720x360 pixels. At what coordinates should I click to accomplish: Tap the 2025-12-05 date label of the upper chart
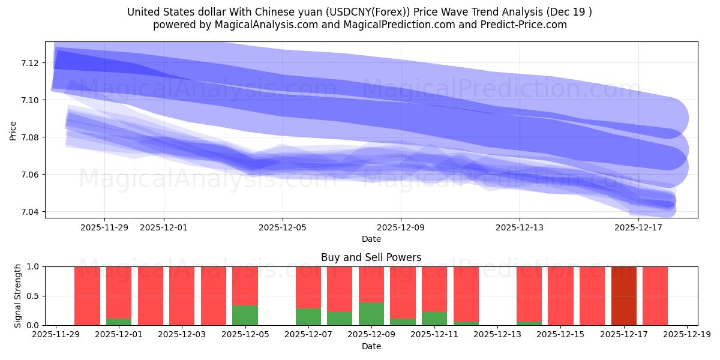(x=283, y=227)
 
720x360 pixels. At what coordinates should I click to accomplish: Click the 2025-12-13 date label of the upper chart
(x=519, y=227)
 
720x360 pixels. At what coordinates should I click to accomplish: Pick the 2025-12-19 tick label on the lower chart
(x=686, y=335)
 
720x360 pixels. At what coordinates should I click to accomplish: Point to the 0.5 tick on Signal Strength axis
(x=33, y=296)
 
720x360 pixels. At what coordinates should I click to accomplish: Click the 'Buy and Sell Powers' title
(x=371, y=257)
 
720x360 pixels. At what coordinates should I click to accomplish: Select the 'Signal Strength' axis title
(x=18, y=296)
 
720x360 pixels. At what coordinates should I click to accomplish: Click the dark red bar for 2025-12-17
(x=623, y=296)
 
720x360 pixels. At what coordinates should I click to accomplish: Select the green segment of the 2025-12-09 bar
(x=371, y=314)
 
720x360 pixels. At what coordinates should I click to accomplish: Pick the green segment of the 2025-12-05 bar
(x=245, y=316)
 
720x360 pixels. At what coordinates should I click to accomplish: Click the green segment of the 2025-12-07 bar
(x=308, y=317)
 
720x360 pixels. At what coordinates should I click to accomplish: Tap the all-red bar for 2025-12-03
(x=182, y=296)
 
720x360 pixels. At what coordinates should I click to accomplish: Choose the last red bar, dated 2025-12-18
(x=655, y=296)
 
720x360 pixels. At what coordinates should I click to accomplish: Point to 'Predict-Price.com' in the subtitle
(x=527, y=25)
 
